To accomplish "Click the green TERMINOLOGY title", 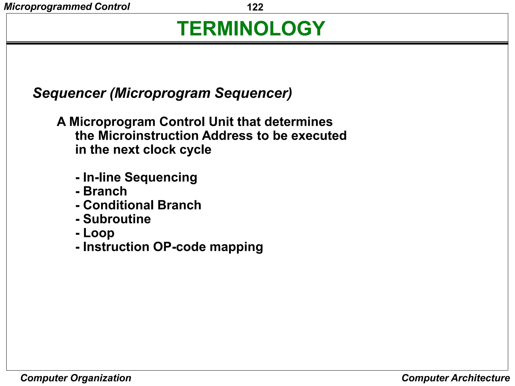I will [x=251, y=28].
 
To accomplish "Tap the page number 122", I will [x=255, y=7].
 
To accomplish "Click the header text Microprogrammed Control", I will [x=67, y=7].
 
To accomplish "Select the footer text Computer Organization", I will [x=76, y=378].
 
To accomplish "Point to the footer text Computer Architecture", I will [x=456, y=378].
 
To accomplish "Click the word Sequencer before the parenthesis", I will [x=69, y=93].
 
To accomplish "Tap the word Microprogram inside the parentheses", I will [x=162, y=93].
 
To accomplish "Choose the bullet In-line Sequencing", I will [x=140, y=177].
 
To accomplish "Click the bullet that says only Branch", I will [x=105, y=191].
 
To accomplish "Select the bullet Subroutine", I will [x=117, y=219].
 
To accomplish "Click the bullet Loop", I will [x=99, y=233].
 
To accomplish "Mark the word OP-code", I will [x=179, y=247].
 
